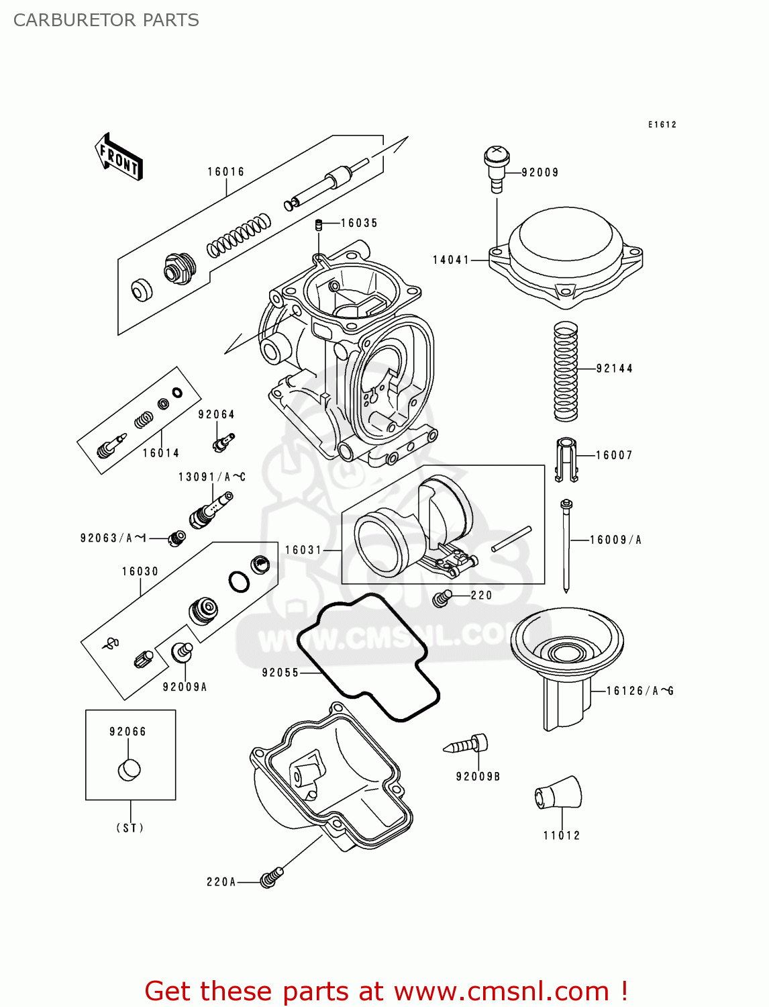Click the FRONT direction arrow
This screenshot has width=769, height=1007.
point(119,157)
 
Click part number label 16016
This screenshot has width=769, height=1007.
point(225,172)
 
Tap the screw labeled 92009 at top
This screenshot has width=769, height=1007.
point(496,169)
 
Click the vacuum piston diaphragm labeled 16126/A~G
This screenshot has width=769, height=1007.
point(567,665)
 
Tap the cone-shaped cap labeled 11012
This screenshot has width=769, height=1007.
point(558,793)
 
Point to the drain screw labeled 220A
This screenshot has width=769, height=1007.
point(270,877)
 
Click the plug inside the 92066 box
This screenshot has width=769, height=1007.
point(130,769)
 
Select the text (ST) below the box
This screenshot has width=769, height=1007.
point(130,828)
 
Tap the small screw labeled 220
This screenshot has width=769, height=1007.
point(441,597)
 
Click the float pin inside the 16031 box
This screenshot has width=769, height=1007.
point(511,539)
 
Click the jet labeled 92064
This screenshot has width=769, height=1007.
point(223,442)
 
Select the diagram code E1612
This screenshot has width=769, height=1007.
point(662,124)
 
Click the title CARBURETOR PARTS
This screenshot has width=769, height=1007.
point(106,20)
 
